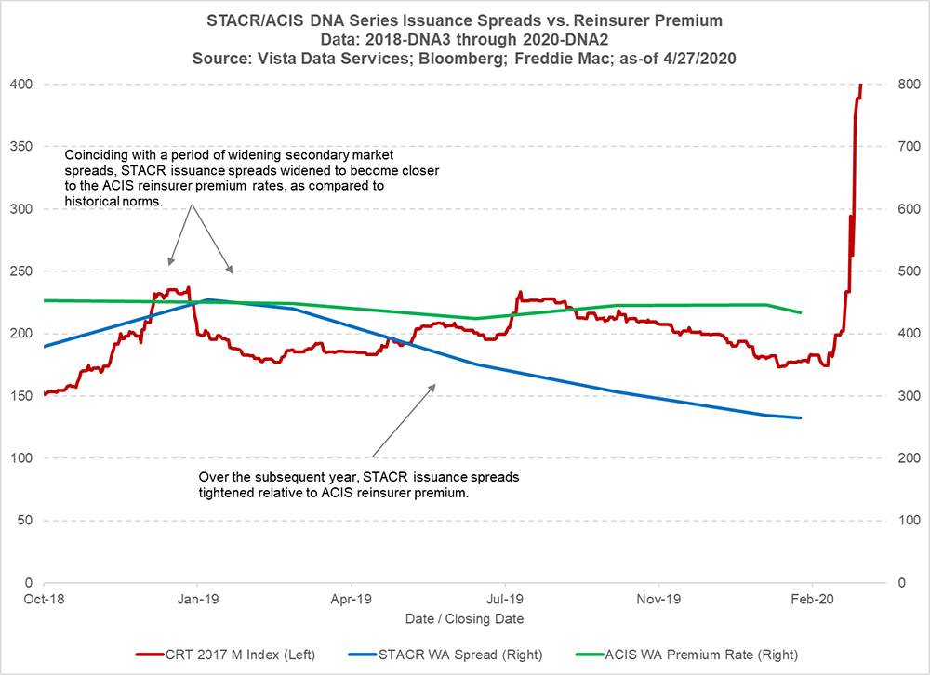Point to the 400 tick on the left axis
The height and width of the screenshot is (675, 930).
pos(20,85)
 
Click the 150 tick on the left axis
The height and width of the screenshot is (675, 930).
pos(20,396)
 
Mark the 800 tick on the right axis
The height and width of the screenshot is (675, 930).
pos(910,85)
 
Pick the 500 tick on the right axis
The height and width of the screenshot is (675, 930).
pos(910,271)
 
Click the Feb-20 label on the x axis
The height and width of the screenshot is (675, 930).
pos(813,601)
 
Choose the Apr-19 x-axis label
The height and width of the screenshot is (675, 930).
pos(352,601)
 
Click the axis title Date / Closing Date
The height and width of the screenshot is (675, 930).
pos(464,618)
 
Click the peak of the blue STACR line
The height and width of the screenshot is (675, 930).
pos(209,299)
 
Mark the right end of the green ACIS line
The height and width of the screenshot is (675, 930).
pos(801,312)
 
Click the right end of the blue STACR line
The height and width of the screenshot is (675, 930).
pos(801,417)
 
